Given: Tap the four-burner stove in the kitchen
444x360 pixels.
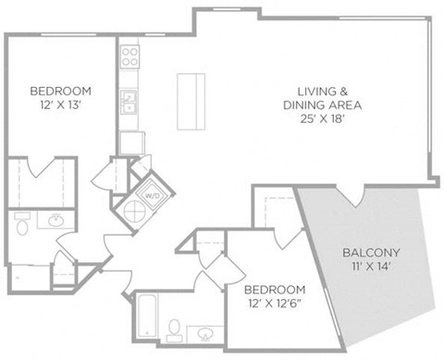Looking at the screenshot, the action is pyautogui.click(x=129, y=56).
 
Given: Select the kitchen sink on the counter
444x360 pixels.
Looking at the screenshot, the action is pyautogui.click(x=129, y=102).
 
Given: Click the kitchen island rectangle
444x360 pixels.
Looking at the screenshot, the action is pyautogui.click(x=191, y=102).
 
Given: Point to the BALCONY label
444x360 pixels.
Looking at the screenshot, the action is pyautogui.click(x=371, y=253).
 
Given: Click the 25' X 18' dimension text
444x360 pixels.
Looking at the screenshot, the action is pyautogui.click(x=322, y=118).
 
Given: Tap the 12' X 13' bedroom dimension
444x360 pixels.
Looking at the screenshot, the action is pyautogui.click(x=60, y=105).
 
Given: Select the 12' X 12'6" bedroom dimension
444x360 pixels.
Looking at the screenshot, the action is pyautogui.click(x=275, y=304).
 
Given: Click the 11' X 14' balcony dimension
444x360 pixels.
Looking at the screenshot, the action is pyautogui.click(x=372, y=267).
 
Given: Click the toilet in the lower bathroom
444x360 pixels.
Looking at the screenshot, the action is pyautogui.click(x=175, y=330).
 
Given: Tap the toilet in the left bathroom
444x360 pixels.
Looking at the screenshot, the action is pyautogui.click(x=22, y=224).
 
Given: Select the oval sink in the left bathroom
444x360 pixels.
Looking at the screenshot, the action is pyautogui.click(x=56, y=220).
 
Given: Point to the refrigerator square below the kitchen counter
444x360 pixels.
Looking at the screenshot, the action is pyautogui.click(x=132, y=143).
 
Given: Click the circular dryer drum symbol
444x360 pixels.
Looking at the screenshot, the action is pyautogui.click(x=135, y=212).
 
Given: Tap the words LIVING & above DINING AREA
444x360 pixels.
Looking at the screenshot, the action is pyautogui.click(x=323, y=92).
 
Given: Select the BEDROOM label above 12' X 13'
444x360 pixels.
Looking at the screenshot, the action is pyautogui.click(x=61, y=91).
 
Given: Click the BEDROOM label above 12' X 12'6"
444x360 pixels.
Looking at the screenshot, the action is pyautogui.click(x=275, y=290).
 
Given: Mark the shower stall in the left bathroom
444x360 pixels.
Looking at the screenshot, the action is pyautogui.click(x=31, y=277).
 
